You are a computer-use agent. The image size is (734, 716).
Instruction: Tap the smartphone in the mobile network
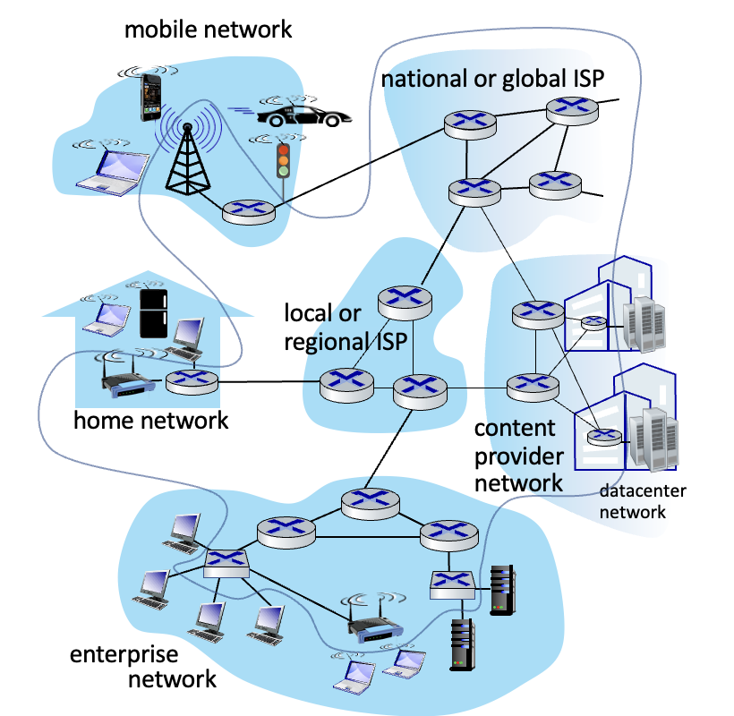pos(150,98)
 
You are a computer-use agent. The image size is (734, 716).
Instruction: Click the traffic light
pos(283,160)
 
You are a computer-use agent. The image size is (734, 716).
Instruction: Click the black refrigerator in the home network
pos(154,313)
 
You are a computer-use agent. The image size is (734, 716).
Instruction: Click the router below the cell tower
pos(248,212)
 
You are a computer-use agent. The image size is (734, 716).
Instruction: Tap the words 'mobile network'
pos(208,30)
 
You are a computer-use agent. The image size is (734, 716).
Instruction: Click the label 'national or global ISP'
pos(492,79)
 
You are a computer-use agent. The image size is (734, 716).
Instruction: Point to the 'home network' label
pos(150,421)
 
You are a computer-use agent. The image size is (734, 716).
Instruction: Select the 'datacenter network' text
pos(643,501)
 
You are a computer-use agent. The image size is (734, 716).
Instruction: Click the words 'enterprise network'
pos(143,667)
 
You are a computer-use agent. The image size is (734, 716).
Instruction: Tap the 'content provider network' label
pos(518,456)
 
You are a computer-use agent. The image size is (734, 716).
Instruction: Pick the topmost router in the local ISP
pos(405,303)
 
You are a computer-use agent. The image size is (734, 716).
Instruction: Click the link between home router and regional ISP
pos(269,382)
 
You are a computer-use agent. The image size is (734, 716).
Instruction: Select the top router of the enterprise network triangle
pos(371,504)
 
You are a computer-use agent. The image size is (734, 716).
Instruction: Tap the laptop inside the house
pos(107,320)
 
